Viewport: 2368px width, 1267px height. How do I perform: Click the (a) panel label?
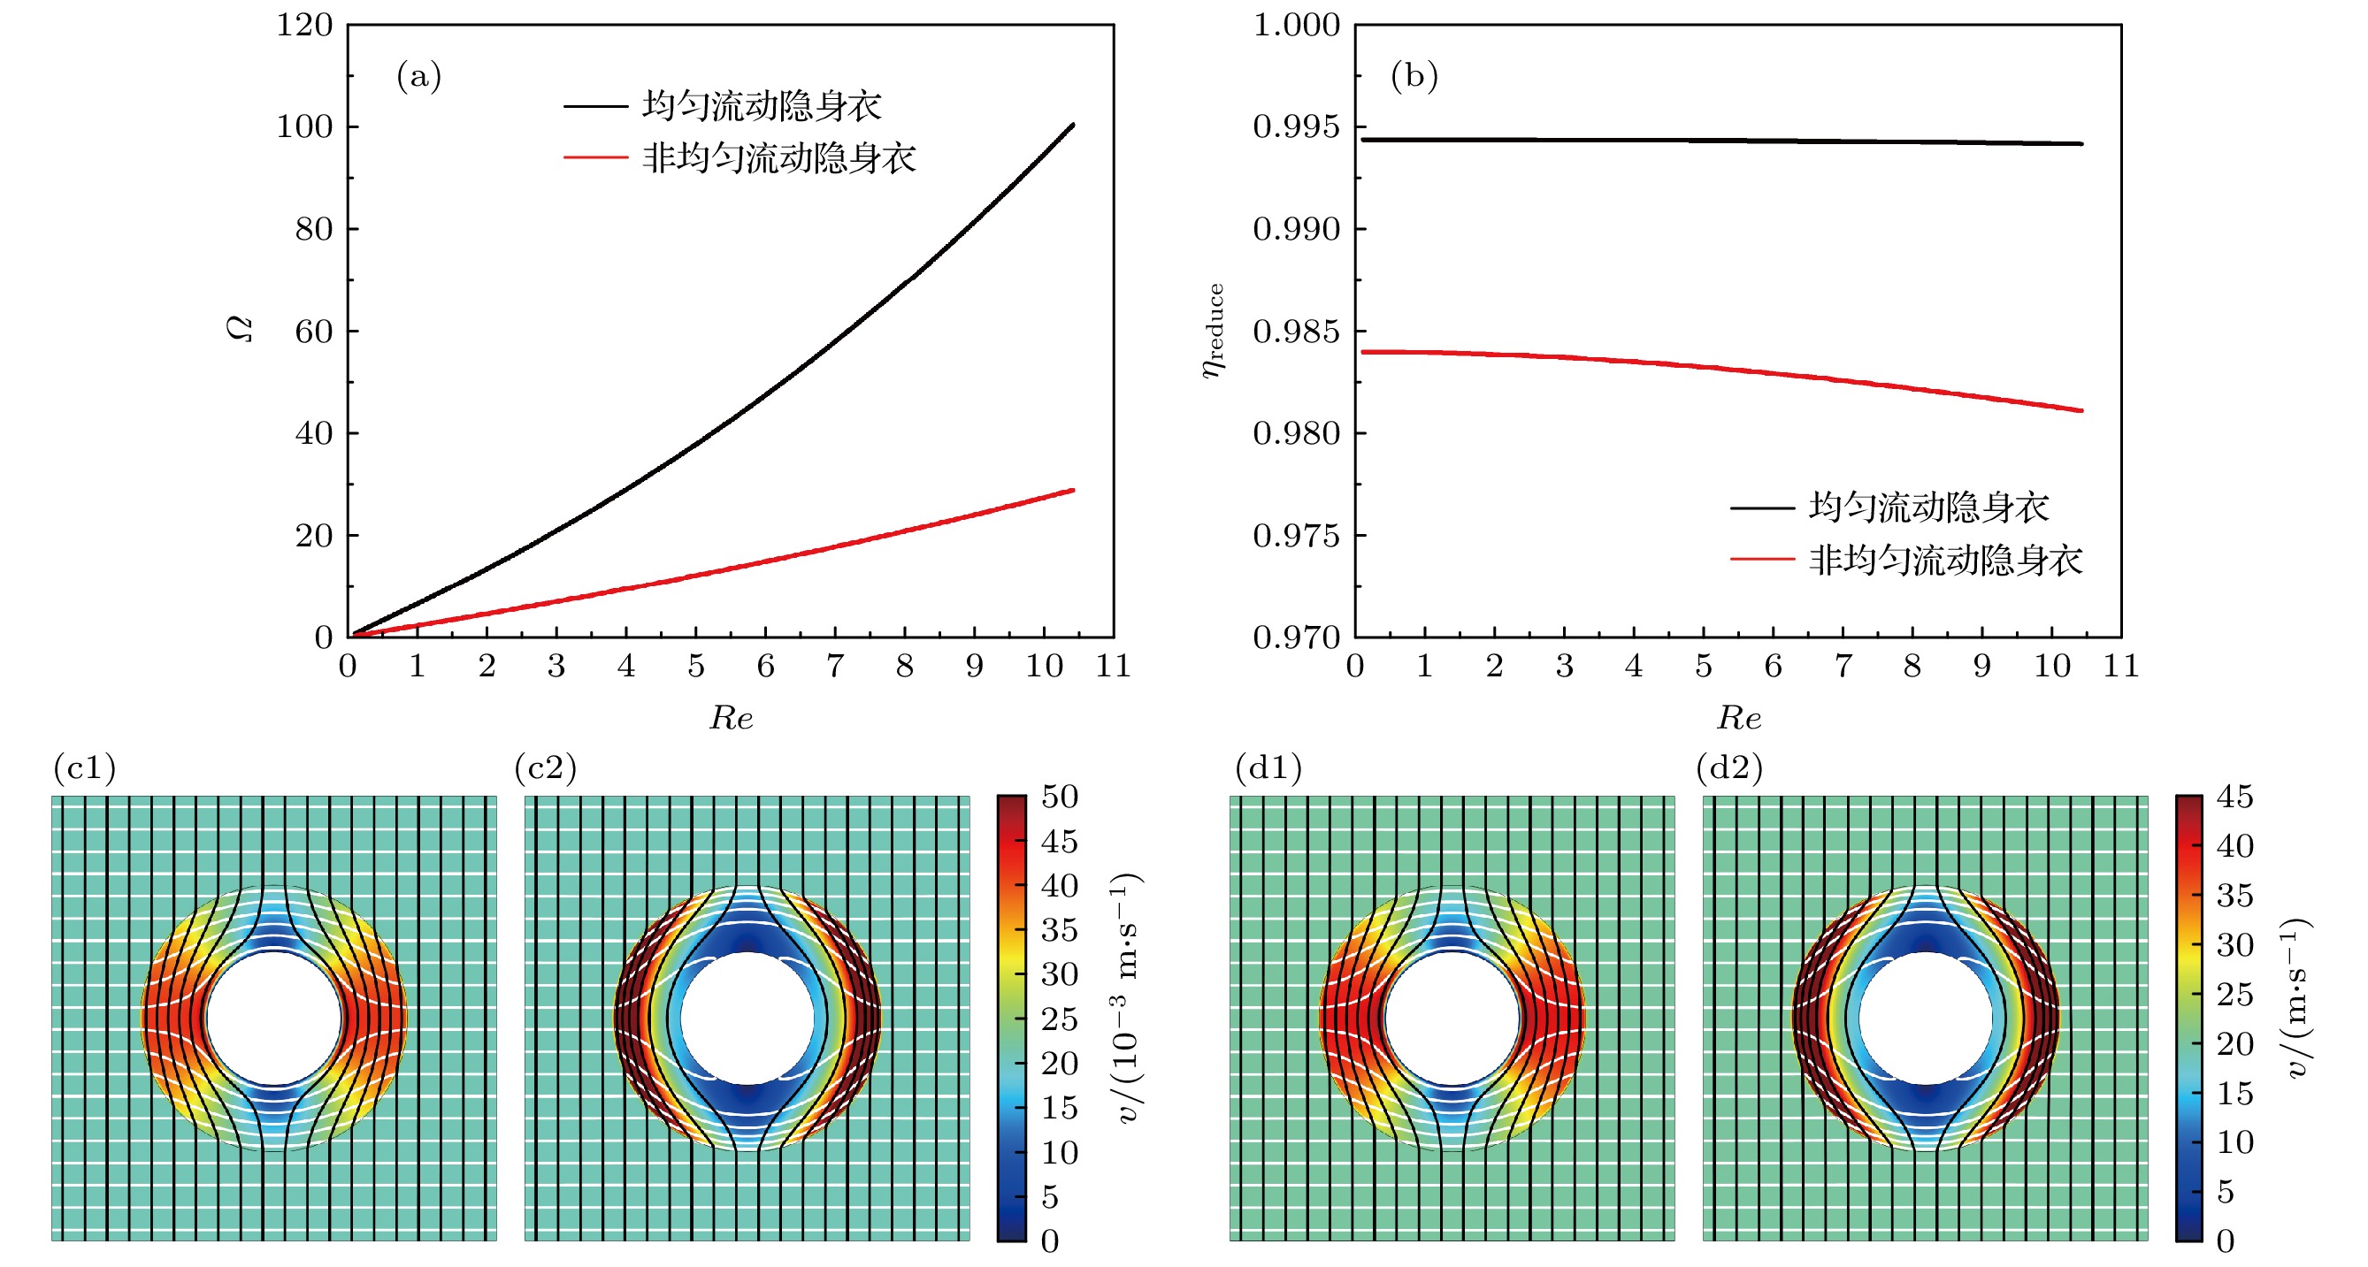pos(418,76)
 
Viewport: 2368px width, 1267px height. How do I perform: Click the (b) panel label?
pos(1414,76)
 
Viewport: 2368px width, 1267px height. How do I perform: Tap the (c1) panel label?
pos(85,768)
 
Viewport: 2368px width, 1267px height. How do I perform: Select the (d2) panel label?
pos(1729,768)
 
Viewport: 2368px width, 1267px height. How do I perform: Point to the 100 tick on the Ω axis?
pos(304,126)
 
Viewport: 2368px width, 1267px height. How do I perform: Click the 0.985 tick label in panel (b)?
pos(1296,332)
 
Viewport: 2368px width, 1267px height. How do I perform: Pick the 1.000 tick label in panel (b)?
pos(1296,25)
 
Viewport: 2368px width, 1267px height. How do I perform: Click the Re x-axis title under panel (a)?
pos(731,718)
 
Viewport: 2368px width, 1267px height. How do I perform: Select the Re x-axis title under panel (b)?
pos(1738,718)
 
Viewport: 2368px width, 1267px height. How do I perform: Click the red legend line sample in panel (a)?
pos(595,158)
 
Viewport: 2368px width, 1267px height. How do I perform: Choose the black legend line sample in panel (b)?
pos(1762,508)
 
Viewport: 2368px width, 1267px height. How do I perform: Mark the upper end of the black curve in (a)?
pos(1073,125)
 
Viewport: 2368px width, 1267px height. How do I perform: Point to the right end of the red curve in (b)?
pos(2081,411)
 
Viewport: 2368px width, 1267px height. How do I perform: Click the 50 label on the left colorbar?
pos(1059,797)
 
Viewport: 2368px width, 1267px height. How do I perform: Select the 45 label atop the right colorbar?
pos(2234,797)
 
